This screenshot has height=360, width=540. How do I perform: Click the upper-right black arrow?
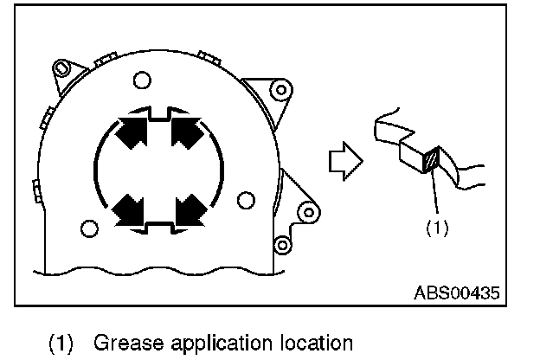[188, 132]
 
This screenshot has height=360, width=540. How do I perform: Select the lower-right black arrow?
[188, 208]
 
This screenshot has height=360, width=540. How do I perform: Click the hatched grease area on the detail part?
[431, 161]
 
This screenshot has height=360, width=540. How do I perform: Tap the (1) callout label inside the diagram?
[436, 229]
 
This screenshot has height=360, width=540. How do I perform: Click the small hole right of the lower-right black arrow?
[246, 201]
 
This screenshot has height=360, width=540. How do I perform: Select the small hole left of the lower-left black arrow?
[87, 228]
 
